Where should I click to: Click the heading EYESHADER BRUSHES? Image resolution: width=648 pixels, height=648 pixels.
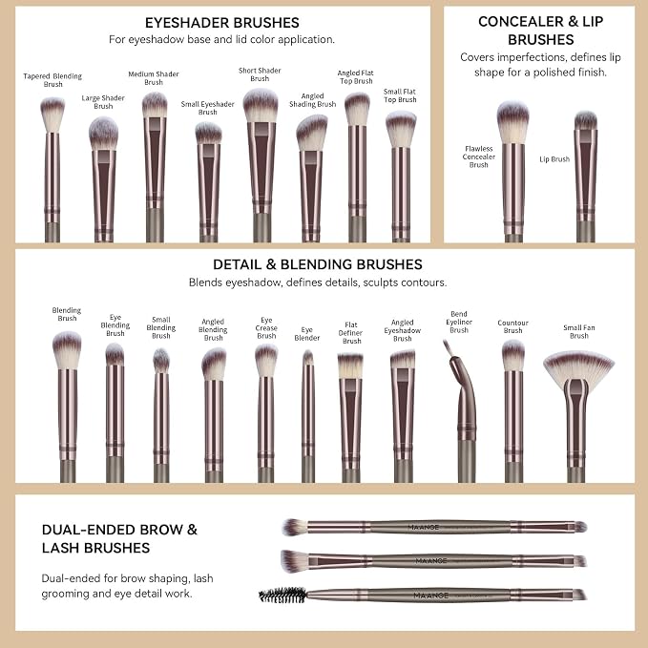(222, 23)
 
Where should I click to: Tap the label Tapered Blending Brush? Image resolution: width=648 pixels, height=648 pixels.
(52, 80)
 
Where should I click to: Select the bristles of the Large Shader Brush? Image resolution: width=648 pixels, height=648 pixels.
(103, 133)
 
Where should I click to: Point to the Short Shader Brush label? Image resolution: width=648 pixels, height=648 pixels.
(260, 74)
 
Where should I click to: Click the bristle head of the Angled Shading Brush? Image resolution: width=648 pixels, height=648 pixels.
(312, 133)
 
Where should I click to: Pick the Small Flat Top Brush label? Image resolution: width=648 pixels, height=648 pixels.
(400, 95)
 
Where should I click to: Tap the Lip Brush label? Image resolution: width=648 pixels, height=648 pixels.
(554, 159)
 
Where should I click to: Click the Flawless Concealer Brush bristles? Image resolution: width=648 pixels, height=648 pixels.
(512, 122)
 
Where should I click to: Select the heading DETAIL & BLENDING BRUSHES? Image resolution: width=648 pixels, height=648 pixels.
(318, 264)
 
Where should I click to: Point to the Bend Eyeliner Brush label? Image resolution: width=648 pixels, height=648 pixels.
(459, 322)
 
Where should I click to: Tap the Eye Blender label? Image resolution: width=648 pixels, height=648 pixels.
(306, 334)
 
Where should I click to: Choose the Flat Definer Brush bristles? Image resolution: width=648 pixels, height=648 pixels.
(350, 366)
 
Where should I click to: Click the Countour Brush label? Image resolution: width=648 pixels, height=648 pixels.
(512, 326)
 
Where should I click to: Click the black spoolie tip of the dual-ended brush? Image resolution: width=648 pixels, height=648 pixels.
(282, 596)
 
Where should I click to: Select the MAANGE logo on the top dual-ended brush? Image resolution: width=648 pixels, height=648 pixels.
(424, 528)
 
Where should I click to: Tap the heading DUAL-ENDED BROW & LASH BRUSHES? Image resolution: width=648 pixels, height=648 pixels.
(119, 538)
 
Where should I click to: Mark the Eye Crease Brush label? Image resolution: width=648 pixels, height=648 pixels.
(266, 328)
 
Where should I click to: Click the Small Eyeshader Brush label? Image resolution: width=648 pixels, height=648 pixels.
(207, 108)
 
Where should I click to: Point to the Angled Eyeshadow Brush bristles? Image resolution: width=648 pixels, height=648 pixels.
(403, 360)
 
